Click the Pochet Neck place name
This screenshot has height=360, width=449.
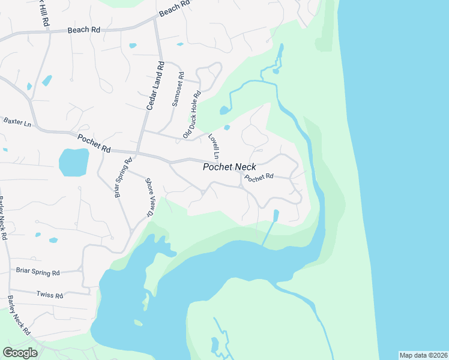pos(229,167)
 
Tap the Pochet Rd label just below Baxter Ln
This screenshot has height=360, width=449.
pos(94,143)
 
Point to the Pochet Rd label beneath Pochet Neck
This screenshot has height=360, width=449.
pos(259,178)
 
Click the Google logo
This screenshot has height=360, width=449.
pos(20,352)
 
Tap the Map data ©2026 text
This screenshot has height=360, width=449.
pos(423,355)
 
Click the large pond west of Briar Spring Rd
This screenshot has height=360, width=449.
pos(74,162)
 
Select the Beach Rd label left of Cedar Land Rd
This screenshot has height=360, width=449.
pos(83,29)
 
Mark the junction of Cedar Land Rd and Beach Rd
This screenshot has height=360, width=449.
pos(155,19)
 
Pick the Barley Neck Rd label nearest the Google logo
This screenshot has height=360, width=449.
pos(19,315)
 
